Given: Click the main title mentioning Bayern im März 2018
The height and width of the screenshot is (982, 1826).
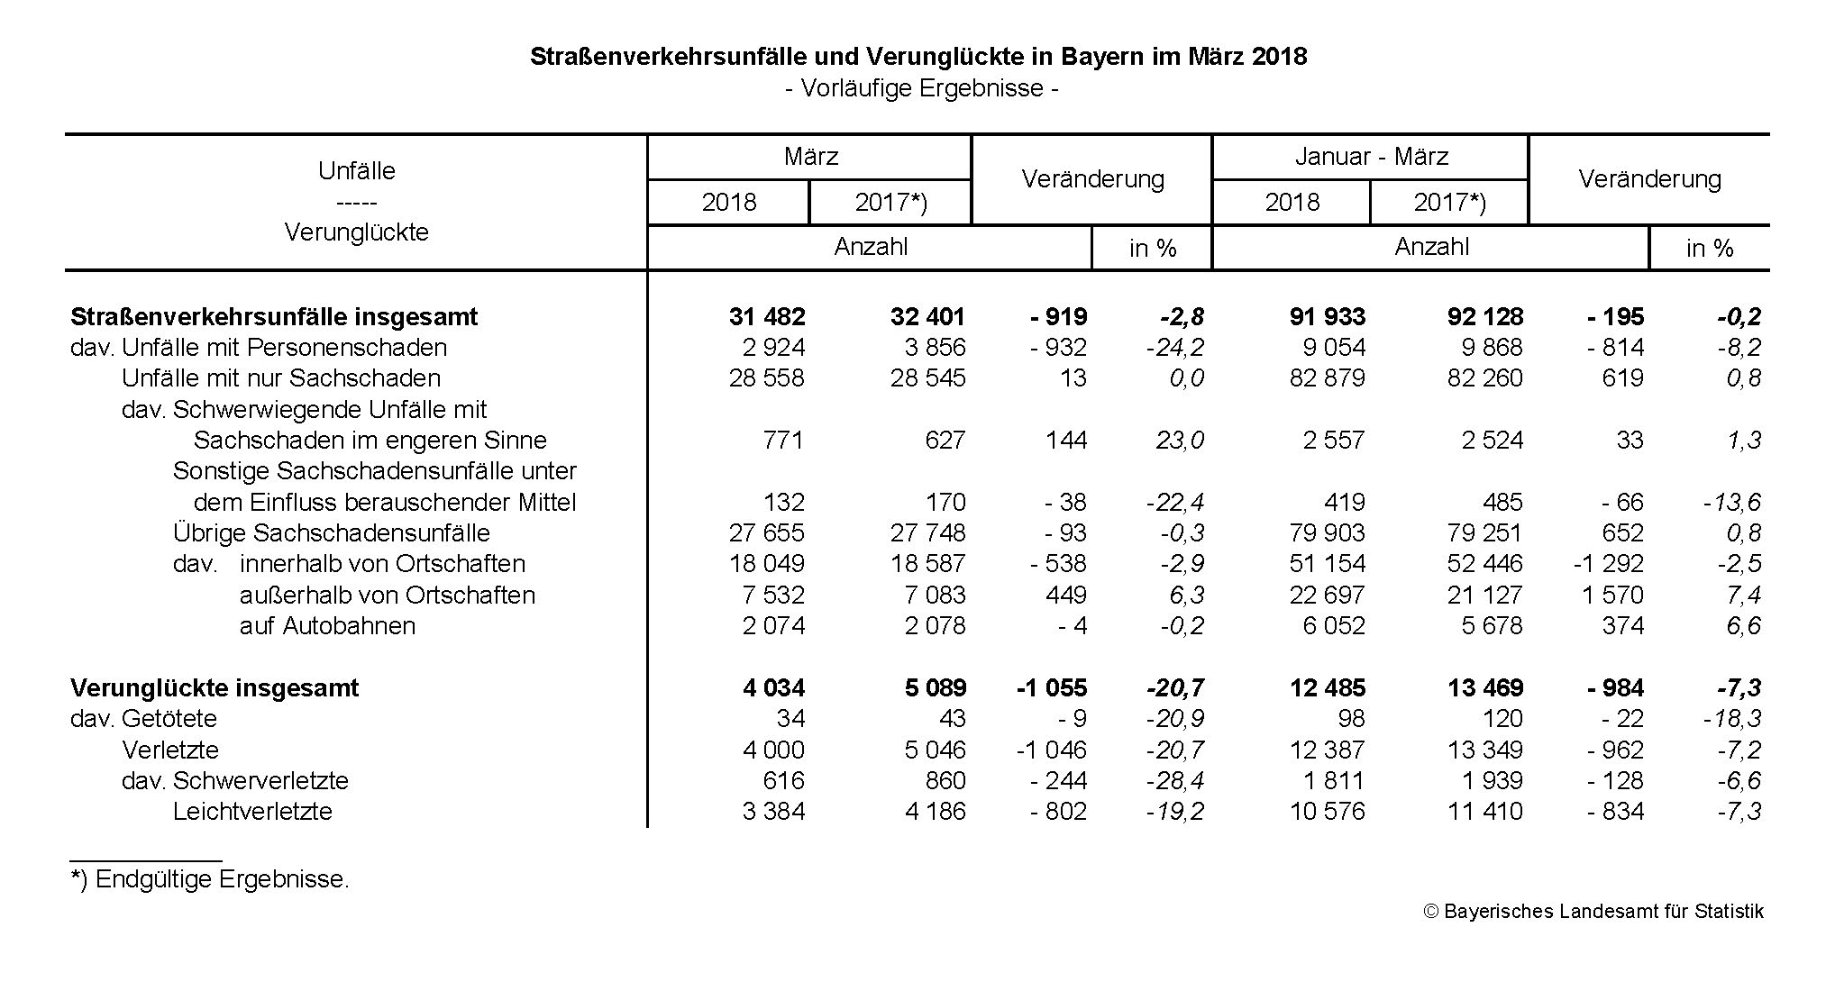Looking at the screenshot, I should click(x=918, y=57).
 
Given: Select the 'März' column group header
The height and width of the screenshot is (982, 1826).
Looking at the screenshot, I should click(x=810, y=157).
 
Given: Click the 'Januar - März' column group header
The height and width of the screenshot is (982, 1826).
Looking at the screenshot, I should click(x=1371, y=157).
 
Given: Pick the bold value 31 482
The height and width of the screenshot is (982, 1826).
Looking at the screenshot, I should click(x=767, y=317).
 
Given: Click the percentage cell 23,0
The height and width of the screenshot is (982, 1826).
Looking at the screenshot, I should click(x=1180, y=441).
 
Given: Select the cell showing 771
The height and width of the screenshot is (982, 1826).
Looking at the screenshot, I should click(x=782, y=441).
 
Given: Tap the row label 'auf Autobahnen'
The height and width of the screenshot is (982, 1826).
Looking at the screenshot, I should click(x=327, y=626).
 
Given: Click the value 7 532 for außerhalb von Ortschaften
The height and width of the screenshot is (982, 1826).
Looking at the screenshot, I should click(x=773, y=596).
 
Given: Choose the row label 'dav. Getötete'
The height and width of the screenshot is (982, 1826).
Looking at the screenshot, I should click(x=144, y=719).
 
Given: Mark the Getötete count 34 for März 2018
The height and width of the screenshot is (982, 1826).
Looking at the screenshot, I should click(x=789, y=719).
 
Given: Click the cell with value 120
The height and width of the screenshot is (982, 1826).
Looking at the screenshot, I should click(x=1501, y=719).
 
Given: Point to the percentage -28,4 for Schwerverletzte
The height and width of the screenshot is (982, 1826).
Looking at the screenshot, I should click(x=1174, y=781).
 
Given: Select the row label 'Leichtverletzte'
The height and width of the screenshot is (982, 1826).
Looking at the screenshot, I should click(x=252, y=812).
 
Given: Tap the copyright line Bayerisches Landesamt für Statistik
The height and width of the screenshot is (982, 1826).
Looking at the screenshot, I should click(x=1593, y=912).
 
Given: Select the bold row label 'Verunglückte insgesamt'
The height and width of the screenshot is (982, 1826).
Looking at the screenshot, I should click(x=215, y=688).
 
